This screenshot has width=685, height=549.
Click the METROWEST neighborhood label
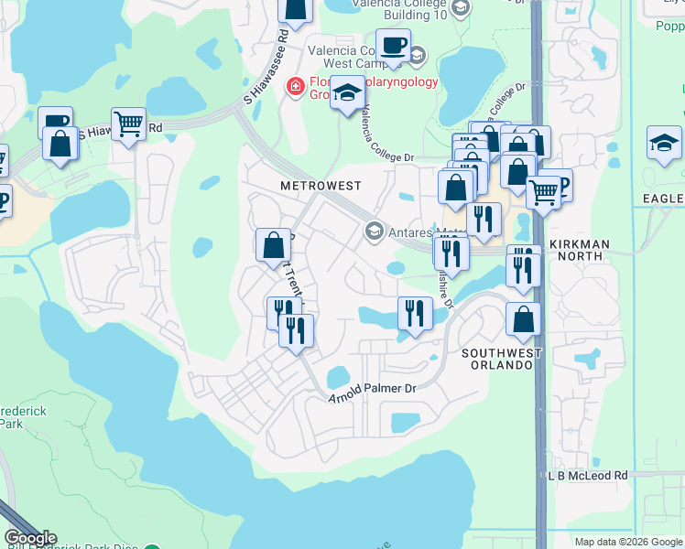pos(321,185)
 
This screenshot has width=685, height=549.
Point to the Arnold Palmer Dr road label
pos(373,389)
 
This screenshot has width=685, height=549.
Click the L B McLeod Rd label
pos(588,476)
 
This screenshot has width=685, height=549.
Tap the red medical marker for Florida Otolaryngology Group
pos(296,87)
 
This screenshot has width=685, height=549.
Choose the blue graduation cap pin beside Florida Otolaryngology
pos(348,93)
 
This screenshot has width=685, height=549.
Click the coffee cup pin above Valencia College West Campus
pos(393,45)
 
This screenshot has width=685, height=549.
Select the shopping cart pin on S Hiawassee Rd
pos(129,124)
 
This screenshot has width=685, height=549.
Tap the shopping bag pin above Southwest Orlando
pos(523,320)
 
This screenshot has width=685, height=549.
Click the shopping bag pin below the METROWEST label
pos(273,245)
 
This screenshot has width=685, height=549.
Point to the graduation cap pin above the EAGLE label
pos(664,143)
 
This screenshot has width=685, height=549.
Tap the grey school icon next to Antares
pos(374,230)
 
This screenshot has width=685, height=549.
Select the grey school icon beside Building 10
pos(461,8)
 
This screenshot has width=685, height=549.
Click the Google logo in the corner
pos(30,538)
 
